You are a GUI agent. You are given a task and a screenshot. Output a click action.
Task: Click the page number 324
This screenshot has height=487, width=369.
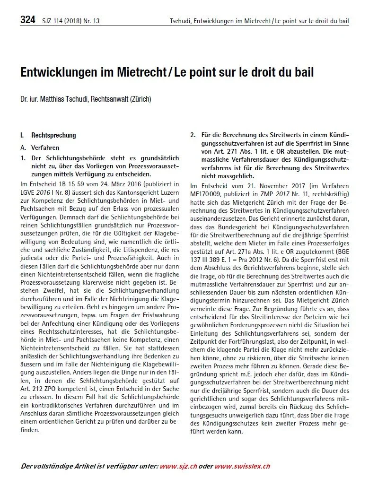(28, 20)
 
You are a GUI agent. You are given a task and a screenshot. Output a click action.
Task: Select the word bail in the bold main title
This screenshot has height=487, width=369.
(303, 73)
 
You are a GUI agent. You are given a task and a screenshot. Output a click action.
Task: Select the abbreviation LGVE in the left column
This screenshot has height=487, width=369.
(29, 192)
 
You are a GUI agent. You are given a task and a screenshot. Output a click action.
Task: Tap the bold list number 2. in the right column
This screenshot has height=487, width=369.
(193, 135)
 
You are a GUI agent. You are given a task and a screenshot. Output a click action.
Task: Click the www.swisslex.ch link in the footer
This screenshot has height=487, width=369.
(242, 466)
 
